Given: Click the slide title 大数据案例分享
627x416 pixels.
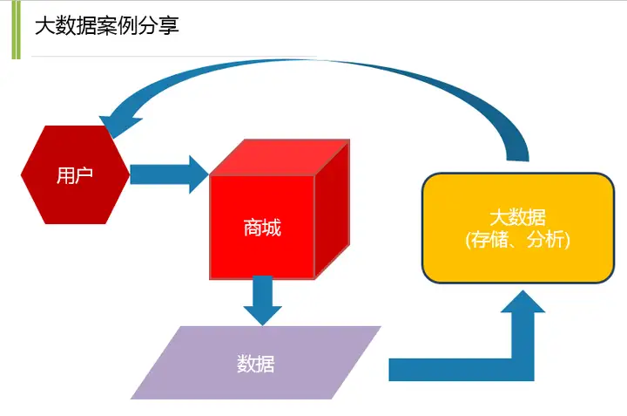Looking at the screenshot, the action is click(107, 25).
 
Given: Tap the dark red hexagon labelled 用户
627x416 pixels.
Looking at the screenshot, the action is click(75, 174).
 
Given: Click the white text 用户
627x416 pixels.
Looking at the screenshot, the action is click(75, 175).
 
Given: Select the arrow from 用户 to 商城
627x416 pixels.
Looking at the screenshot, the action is click(169, 174).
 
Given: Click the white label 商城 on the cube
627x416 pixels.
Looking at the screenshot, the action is click(262, 228).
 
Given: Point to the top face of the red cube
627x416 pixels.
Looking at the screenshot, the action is click(280, 157).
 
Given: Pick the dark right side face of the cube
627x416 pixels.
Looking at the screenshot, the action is click(332, 209).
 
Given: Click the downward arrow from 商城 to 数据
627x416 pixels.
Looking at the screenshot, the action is click(263, 300).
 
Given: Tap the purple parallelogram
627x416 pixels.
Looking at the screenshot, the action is click(256, 362).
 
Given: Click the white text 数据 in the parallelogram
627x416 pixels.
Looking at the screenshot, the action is click(256, 364).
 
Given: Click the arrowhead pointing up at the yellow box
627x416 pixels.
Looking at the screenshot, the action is click(522, 301).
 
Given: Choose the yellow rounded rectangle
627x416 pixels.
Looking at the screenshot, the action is click(518, 228).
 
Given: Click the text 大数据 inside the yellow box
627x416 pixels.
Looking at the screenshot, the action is click(518, 217).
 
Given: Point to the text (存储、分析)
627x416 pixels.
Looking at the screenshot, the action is click(518, 240).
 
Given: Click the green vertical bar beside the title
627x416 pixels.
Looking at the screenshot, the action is click(16, 30).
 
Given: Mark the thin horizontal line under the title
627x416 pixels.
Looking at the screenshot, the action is click(174, 57).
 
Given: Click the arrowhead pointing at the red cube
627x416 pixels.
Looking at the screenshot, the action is click(199, 174).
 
